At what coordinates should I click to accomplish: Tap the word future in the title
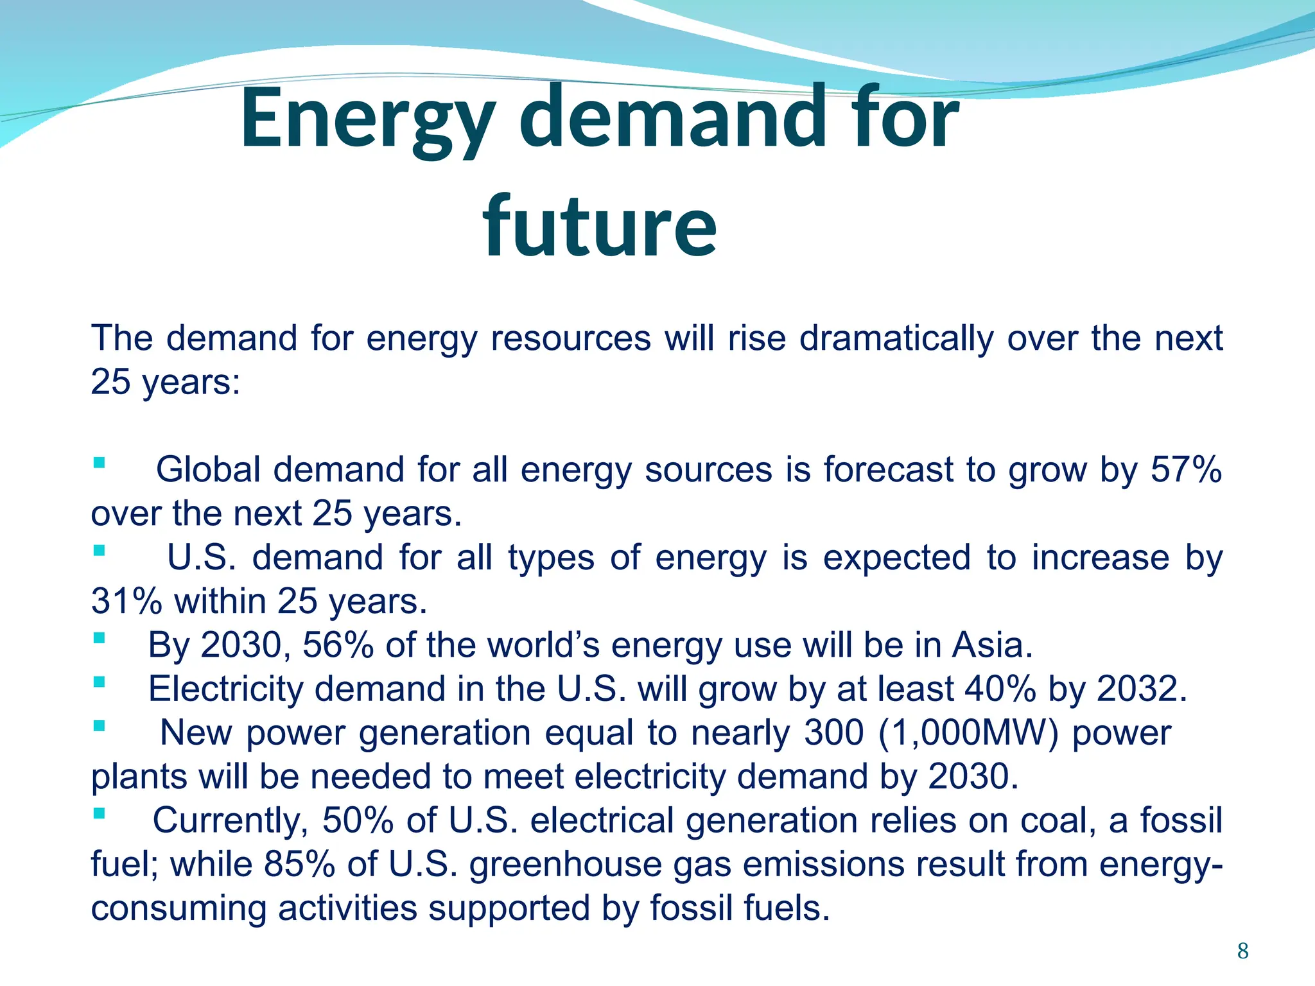[x=600, y=226]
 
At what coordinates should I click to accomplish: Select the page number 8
[x=1242, y=951]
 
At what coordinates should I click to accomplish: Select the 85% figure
[x=299, y=864]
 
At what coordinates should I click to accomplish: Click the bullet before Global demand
[x=99, y=463]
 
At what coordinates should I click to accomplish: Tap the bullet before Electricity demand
[x=99, y=682]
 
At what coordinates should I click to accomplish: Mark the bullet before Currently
[x=99, y=814]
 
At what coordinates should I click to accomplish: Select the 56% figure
[x=338, y=645]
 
